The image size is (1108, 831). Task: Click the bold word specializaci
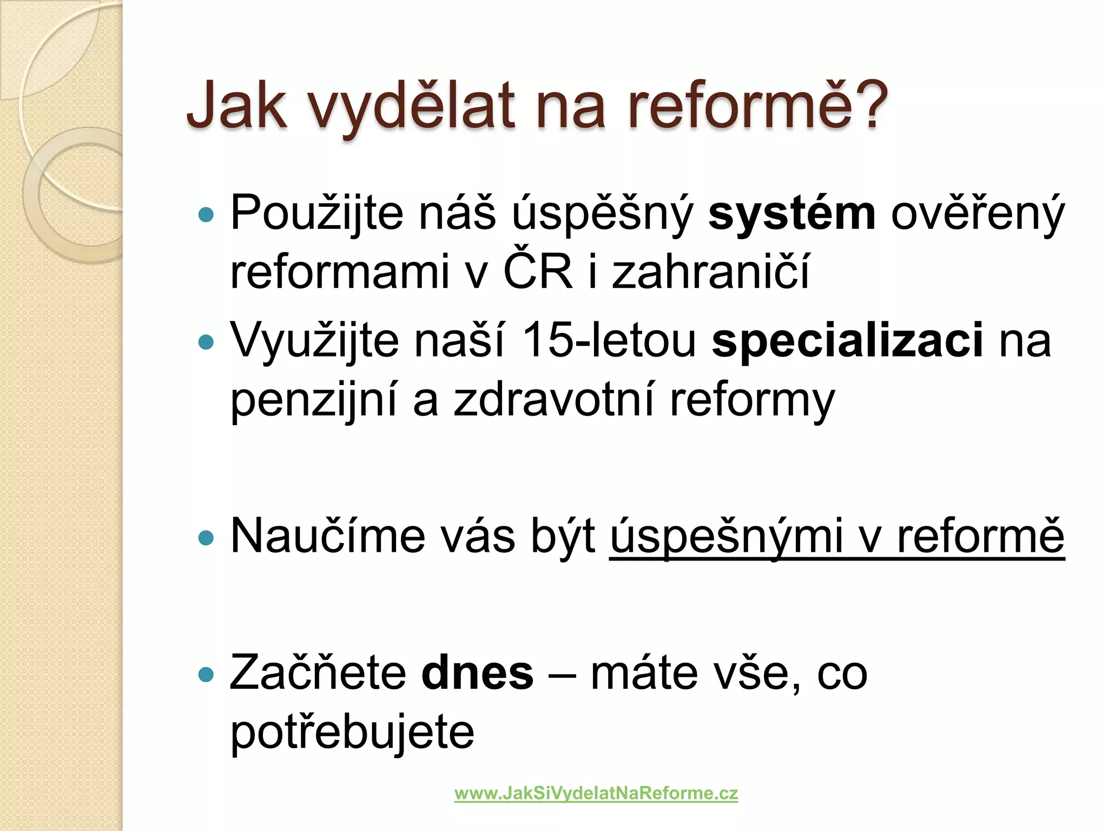(847, 341)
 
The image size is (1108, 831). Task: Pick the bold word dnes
(477, 674)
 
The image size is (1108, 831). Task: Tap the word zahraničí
(710, 272)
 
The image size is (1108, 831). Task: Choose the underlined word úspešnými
(726, 537)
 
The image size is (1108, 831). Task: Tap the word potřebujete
(352, 733)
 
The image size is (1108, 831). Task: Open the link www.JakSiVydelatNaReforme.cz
(596, 794)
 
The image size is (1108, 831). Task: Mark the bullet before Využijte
(206, 342)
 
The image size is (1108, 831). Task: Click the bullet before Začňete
(206, 675)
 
